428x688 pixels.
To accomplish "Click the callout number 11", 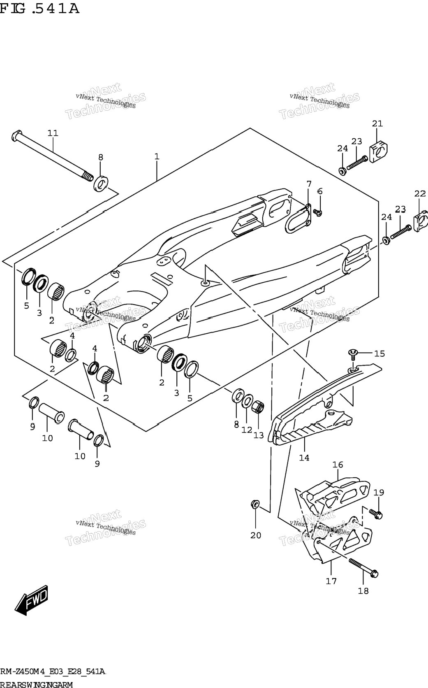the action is coord(53,133).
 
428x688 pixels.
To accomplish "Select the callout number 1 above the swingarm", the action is coord(157,156).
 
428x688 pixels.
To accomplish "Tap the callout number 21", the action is coord(377,123).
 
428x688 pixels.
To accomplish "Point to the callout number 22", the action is coord(420,193).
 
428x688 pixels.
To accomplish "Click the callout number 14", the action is coord(304,458).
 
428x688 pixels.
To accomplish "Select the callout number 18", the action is coord(363,590).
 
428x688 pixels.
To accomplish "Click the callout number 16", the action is coord(338,465).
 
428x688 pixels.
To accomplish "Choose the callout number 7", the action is coord(309,184).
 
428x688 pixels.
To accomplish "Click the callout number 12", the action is coord(247,430).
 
